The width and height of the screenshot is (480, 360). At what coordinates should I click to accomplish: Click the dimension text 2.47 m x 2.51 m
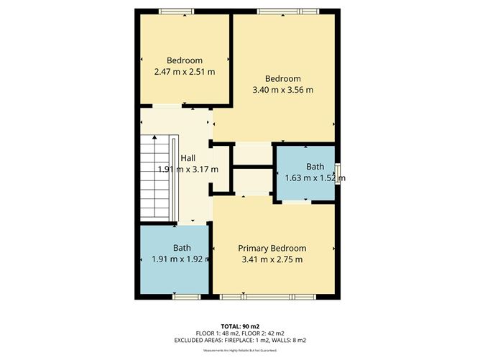click(185, 72)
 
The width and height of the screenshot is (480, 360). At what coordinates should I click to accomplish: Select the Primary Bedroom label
click(272, 248)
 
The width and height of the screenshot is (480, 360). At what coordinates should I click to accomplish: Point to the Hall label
click(188, 158)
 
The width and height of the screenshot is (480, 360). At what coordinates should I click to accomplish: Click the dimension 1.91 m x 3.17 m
click(188, 170)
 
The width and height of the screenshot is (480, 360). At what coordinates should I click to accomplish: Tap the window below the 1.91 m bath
click(185, 295)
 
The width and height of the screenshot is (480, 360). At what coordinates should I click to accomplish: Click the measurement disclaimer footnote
click(239, 350)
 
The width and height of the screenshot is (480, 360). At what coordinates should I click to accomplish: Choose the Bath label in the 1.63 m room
click(315, 167)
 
